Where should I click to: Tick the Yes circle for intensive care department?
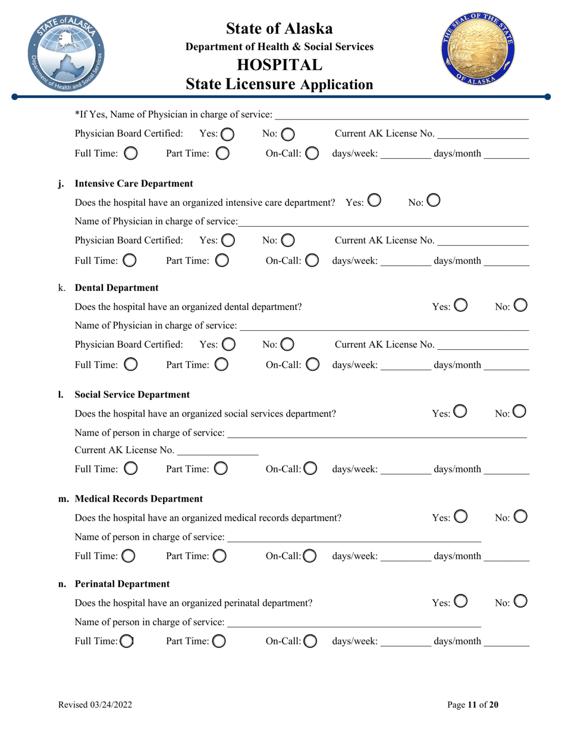[x=374, y=202]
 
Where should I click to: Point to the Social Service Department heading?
[x=132, y=394]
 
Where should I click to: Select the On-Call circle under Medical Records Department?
[x=310, y=556]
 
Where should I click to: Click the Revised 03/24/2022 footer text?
[x=95, y=705]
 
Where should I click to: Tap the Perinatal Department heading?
[x=122, y=584]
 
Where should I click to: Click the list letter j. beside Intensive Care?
[x=61, y=183]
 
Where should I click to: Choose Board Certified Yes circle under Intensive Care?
[x=228, y=240]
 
